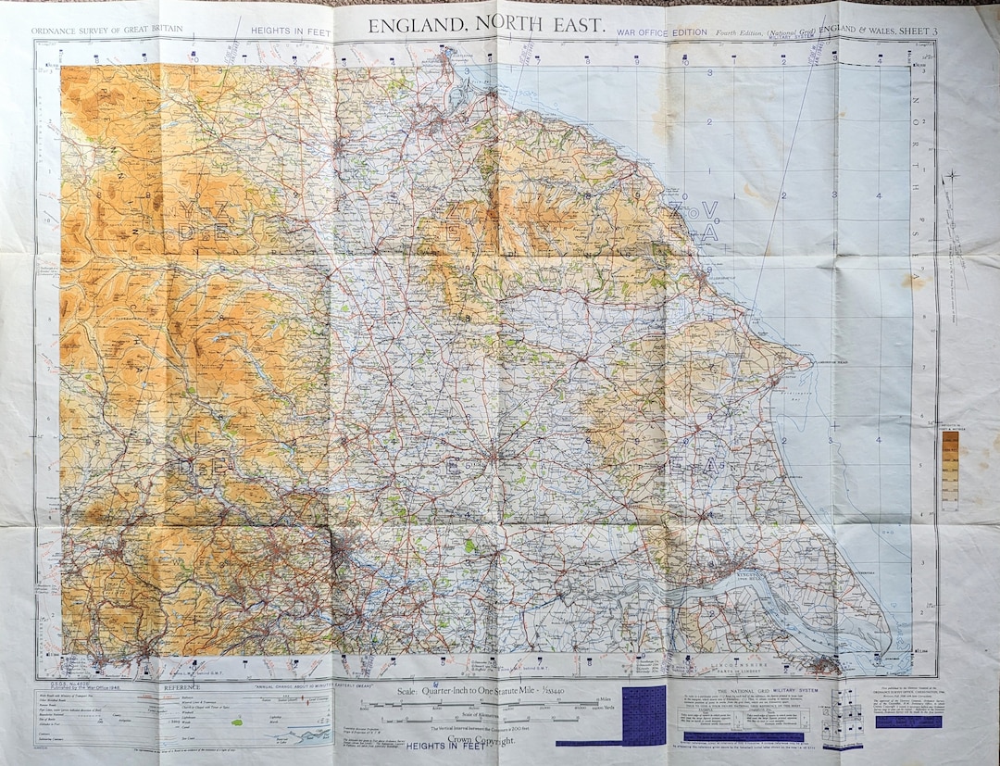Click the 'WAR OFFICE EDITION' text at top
662,32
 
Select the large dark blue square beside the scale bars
644,714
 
